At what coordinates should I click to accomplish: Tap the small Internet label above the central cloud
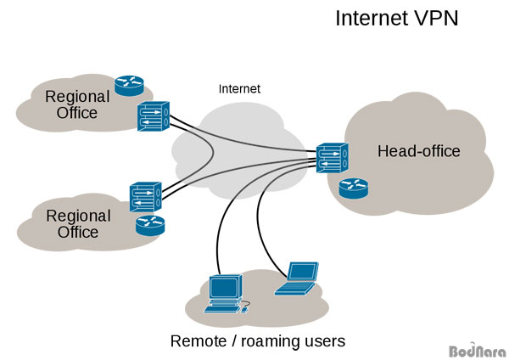[239, 89]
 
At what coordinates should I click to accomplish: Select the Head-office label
[419, 151]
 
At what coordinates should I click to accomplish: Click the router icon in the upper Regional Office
[129, 86]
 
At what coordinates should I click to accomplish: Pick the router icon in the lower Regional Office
[150, 226]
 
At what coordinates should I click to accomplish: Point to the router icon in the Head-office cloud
[354, 188]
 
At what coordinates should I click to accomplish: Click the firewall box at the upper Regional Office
[154, 116]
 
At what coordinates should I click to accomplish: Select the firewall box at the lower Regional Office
[146, 197]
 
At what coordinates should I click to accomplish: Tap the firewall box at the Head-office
[332, 158]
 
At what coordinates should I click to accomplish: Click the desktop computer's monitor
[226, 288]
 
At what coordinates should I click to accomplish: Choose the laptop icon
[296, 278]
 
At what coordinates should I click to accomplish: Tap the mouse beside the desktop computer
[245, 310]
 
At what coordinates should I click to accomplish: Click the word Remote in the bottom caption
[199, 341]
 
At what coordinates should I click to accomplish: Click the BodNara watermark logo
[478, 351]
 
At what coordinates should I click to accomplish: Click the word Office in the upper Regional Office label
[77, 113]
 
